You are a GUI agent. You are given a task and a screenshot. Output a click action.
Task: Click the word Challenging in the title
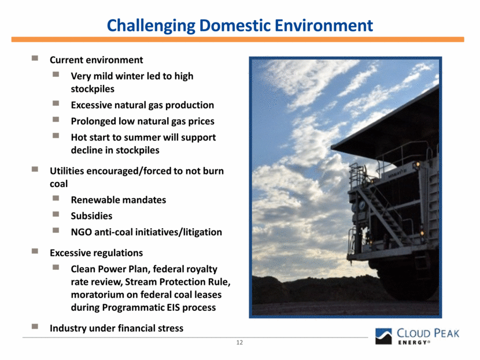click(x=151, y=25)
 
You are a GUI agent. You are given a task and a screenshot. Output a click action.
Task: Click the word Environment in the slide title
click(x=324, y=25)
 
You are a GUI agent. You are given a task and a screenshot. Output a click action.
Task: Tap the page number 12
click(x=239, y=342)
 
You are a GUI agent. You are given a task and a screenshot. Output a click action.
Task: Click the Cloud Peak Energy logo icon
click(x=383, y=336)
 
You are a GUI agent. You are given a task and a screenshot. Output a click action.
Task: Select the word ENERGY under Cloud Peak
click(x=412, y=343)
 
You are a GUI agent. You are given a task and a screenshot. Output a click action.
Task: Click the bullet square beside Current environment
click(x=35, y=58)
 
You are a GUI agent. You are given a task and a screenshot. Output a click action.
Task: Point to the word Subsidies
click(x=91, y=216)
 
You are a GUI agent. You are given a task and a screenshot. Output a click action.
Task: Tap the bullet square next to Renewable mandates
click(x=56, y=198)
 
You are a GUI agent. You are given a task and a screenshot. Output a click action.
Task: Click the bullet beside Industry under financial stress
click(x=35, y=326)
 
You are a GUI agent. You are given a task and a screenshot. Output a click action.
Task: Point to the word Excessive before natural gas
click(x=91, y=105)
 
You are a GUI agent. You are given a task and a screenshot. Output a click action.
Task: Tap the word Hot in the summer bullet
click(x=79, y=138)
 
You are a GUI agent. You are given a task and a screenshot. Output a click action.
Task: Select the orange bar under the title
click(x=238, y=39)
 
